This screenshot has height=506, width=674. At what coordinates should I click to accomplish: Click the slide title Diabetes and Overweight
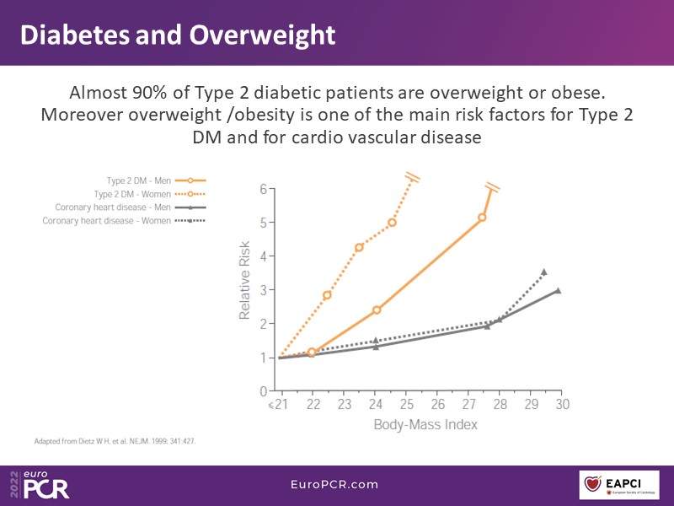click(x=178, y=35)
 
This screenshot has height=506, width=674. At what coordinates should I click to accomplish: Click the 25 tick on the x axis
click(x=406, y=405)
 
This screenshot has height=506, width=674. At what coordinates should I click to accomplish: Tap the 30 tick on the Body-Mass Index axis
click(x=562, y=405)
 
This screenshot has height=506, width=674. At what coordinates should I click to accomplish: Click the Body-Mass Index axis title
click(x=425, y=424)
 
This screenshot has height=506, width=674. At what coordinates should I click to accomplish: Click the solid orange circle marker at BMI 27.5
click(x=482, y=218)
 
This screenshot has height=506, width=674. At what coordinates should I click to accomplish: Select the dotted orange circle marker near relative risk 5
click(x=392, y=223)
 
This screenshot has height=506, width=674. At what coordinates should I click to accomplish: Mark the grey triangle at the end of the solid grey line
click(x=558, y=290)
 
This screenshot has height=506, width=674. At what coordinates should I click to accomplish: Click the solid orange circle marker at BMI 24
click(x=377, y=310)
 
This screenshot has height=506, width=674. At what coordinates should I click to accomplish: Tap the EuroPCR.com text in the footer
click(x=336, y=484)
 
